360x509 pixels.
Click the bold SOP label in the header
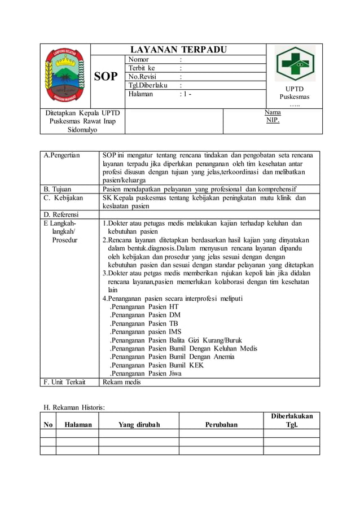coord(106,76)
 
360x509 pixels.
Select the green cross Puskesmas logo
coord(295,64)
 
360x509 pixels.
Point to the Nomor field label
coord(139,59)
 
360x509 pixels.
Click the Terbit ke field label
coord(142,68)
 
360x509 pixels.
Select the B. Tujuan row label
coord(60,189)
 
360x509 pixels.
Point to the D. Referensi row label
coord(62,214)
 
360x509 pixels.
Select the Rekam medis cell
coord(121,382)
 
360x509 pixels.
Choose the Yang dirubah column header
coord(139,424)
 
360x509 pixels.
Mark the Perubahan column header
coord(221,424)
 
